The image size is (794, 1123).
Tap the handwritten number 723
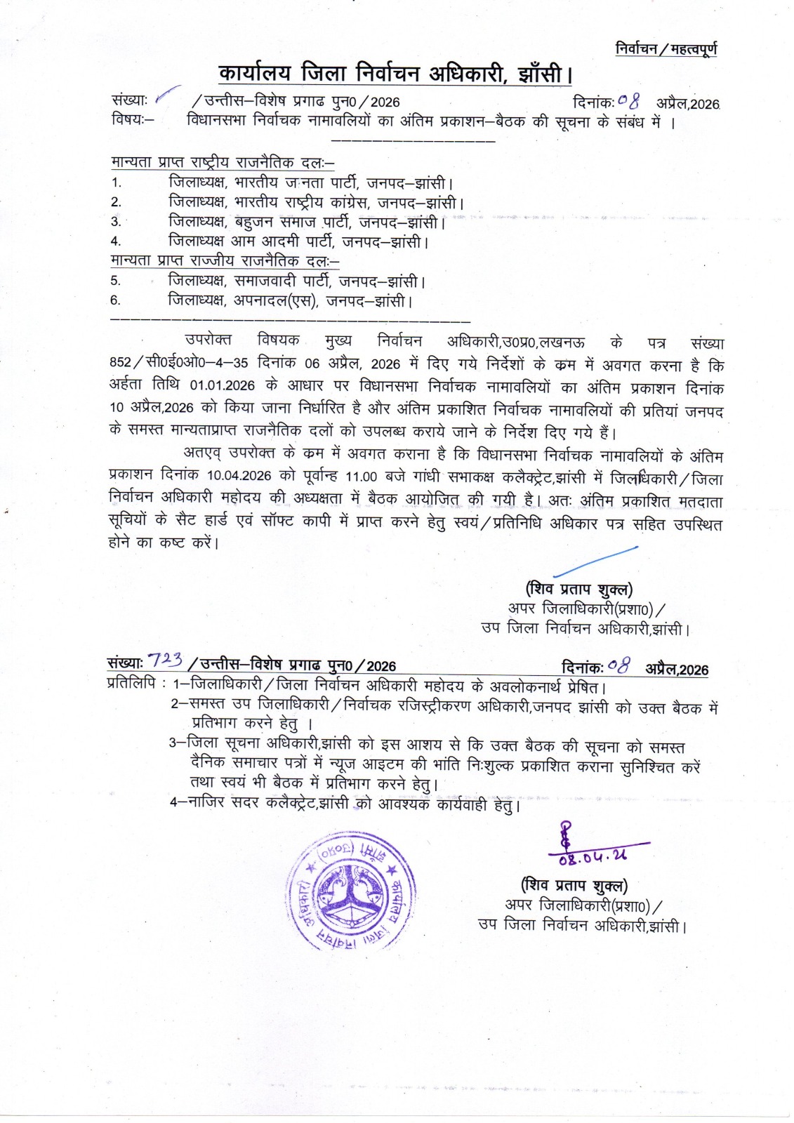tap(166, 660)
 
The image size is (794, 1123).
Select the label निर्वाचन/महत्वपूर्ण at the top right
tap(666, 49)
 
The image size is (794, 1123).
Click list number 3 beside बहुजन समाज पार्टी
tap(116, 222)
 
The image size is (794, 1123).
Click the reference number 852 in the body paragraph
tap(121, 363)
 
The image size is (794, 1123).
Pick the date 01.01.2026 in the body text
tap(223, 385)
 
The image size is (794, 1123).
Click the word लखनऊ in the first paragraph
tap(562, 342)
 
